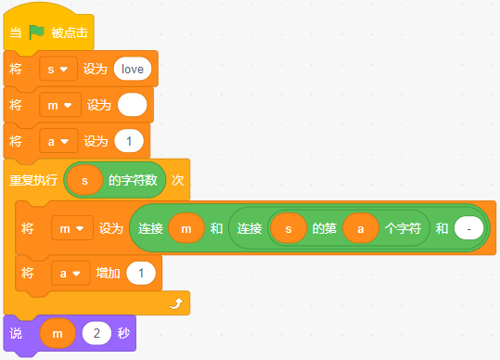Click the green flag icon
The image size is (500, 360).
tap(36, 32)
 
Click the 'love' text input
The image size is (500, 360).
tap(133, 69)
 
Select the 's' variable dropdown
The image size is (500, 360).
tap(58, 69)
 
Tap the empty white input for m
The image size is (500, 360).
tap(133, 105)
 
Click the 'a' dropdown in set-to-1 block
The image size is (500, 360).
tap(58, 141)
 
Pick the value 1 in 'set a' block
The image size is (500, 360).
tap(129, 141)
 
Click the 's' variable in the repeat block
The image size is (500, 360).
tap(84, 181)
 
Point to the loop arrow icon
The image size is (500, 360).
tap(176, 303)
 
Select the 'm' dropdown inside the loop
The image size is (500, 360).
tap(72, 228)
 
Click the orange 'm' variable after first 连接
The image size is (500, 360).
tap(186, 228)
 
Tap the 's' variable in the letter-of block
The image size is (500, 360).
tap(288, 228)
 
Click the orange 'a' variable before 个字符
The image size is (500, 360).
tap(361, 228)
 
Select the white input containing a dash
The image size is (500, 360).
tap(469, 228)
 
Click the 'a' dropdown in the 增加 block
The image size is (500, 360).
tap(71, 274)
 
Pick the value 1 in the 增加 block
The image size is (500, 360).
tap(141, 274)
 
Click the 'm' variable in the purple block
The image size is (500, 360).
tap(58, 333)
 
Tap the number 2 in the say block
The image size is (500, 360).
tap(96, 333)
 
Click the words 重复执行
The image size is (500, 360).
tap(33, 181)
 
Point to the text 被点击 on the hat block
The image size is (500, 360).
tap(70, 32)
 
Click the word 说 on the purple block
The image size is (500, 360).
tap(16, 333)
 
